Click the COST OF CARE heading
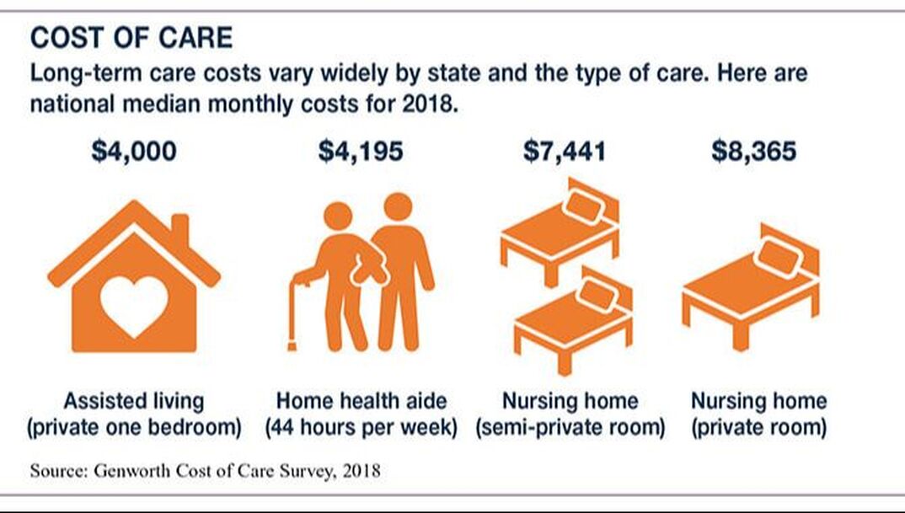(x=131, y=37)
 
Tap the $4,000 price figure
(x=135, y=152)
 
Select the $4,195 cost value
(x=361, y=152)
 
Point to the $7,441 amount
(x=565, y=152)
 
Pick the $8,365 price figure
(x=754, y=152)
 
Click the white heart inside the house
(x=133, y=302)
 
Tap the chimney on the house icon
(x=179, y=228)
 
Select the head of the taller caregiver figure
(x=397, y=207)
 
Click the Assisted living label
(x=134, y=400)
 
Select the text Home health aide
(x=361, y=400)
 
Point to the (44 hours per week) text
(x=361, y=427)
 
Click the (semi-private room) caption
(x=570, y=427)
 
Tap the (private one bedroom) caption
(x=134, y=427)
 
